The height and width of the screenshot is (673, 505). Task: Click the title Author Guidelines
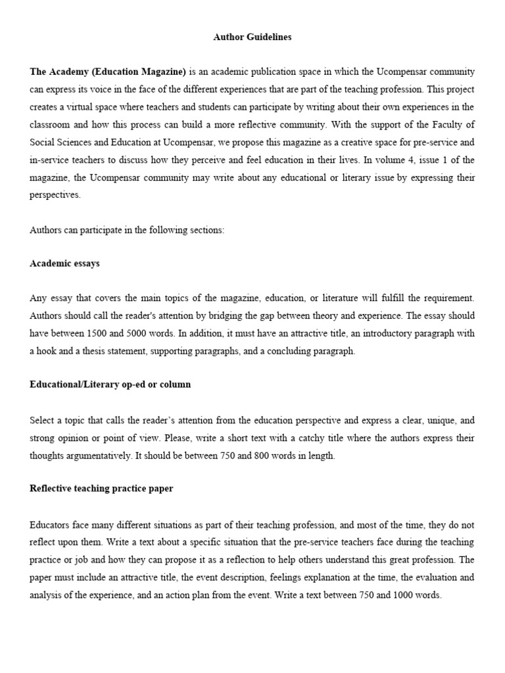[x=252, y=37]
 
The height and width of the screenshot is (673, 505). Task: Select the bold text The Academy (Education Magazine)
[x=108, y=72]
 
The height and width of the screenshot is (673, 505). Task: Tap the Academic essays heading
[x=65, y=264]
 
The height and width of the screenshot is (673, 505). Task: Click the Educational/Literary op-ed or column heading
[x=110, y=384]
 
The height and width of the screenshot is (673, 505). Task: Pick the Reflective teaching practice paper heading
[x=101, y=488]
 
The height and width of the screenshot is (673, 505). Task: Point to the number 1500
[x=110, y=334]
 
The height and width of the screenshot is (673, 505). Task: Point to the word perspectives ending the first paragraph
[x=55, y=195]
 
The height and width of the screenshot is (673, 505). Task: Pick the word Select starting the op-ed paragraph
[x=42, y=420]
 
